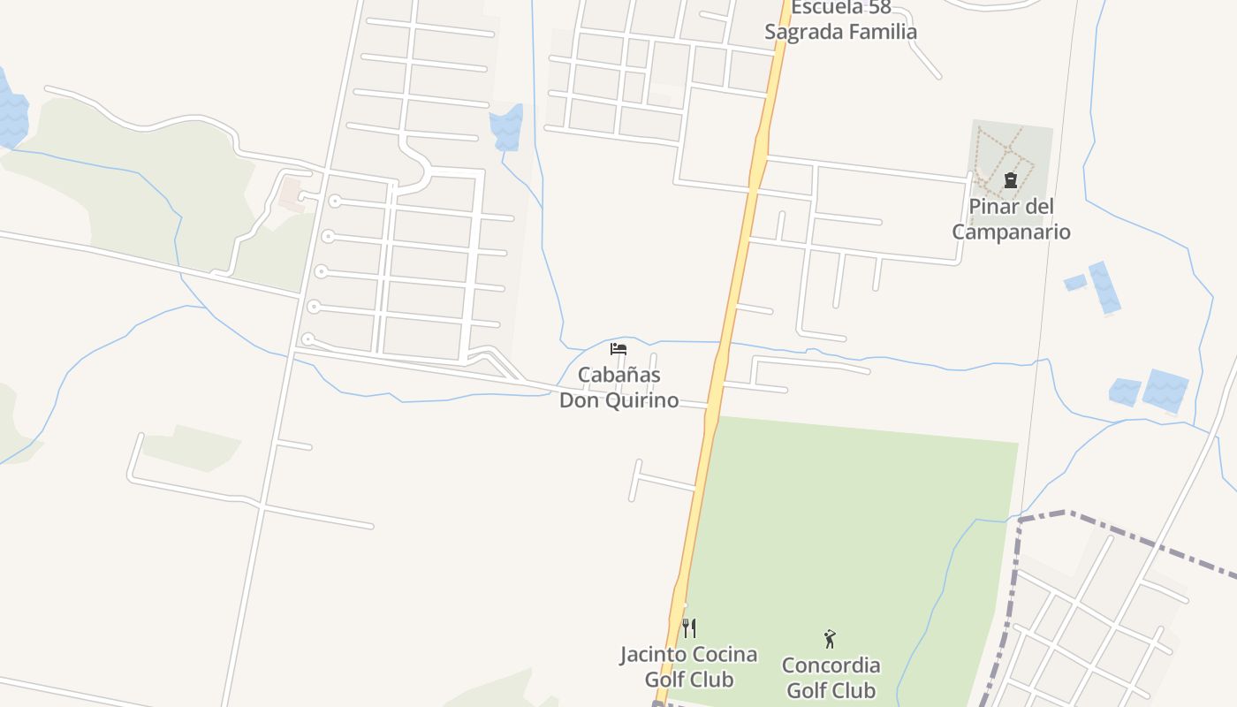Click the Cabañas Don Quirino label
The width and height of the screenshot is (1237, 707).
tap(618, 387)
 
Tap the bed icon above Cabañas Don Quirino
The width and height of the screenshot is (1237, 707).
tap(618, 349)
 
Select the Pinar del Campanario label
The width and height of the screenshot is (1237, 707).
tap(1011, 219)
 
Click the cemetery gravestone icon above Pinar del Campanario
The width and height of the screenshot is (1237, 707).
tap(1011, 180)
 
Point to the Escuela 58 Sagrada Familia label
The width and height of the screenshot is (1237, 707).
tap(840, 20)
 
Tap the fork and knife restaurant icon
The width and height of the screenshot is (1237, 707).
tap(689, 628)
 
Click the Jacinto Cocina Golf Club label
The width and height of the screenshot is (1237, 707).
tap(688, 667)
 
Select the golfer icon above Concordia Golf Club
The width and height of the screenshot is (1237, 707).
tap(830, 639)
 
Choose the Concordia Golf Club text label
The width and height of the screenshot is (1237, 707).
tap(831, 678)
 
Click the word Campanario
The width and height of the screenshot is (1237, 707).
tap(1011, 232)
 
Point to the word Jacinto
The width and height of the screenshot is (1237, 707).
tap(653, 655)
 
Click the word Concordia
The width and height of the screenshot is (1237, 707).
tap(831, 665)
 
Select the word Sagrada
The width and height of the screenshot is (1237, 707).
tap(801, 33)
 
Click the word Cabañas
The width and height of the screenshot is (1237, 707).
tap(618, 375)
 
